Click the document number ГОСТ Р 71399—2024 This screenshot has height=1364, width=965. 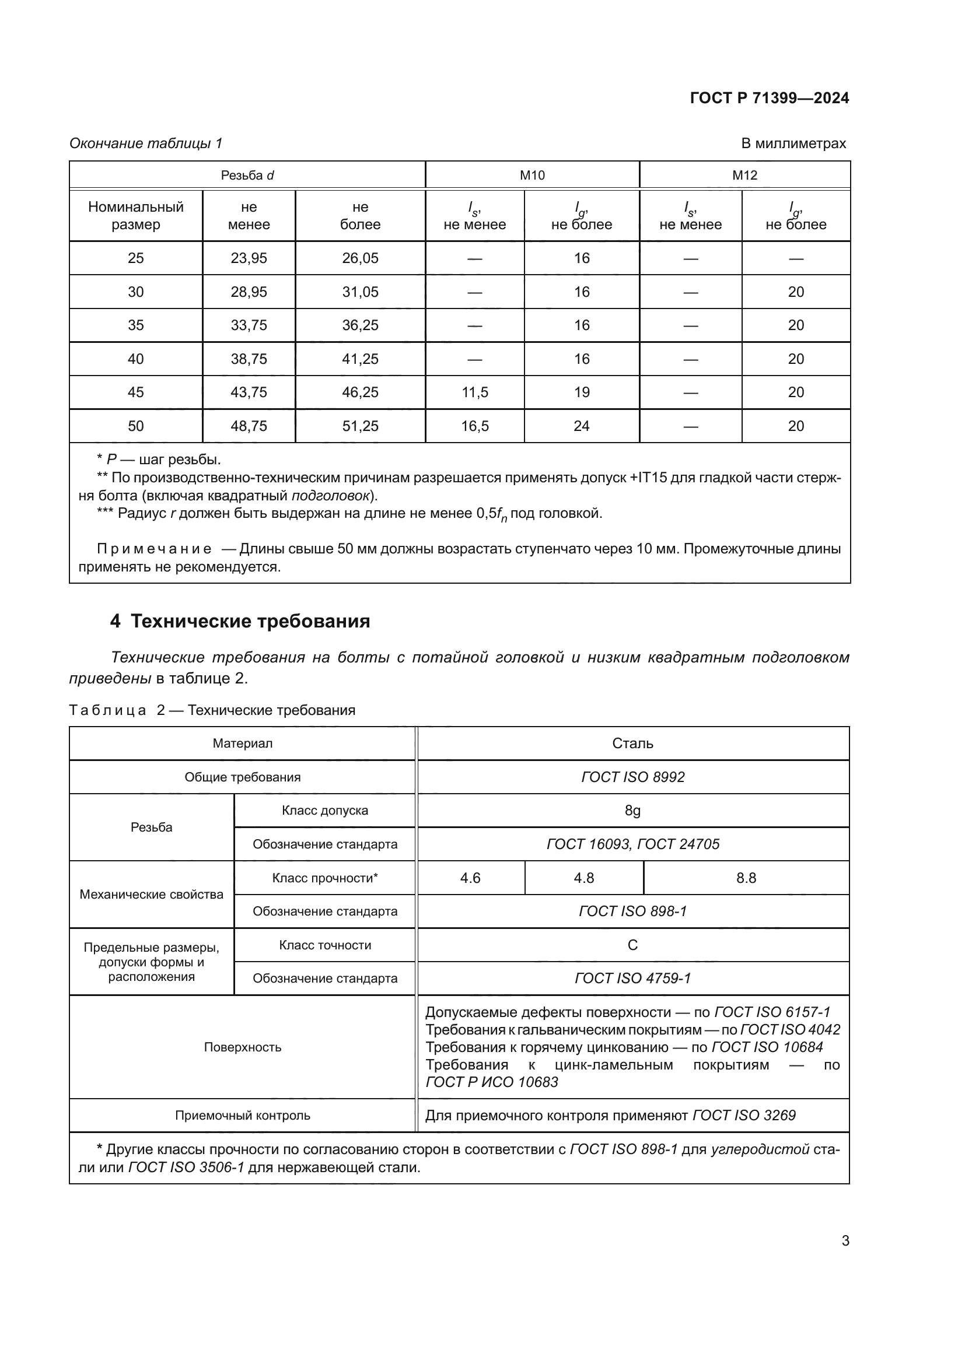[x=769, y=98]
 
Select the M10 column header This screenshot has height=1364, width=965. [x=532, y=176]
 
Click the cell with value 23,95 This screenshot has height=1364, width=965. [x=249, y=258]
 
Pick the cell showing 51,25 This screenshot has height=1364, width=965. [x=359, y=426]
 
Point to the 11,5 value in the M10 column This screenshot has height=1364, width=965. [x=474, y=392]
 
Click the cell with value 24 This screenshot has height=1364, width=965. [x=581, y=426]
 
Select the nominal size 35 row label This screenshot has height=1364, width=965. [x=135, y=325]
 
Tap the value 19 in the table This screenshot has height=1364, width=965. [x=581, y=392]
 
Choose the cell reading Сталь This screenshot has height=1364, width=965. [x=632, y=744]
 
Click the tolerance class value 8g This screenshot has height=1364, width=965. [x=632, y=811]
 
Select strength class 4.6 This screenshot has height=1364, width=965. [x=470, y=878]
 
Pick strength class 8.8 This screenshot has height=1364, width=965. [x=746, y=878]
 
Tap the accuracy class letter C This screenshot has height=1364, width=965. [x=632, y=945]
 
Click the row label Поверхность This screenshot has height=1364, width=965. [x=242, y=1047]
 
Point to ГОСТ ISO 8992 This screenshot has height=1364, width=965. [x=632, y=777]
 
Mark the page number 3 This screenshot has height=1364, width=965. [x=845, y=1241]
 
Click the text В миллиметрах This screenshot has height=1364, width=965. [x=793, y=143]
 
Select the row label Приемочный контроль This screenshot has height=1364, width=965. [x=242, y=1116]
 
